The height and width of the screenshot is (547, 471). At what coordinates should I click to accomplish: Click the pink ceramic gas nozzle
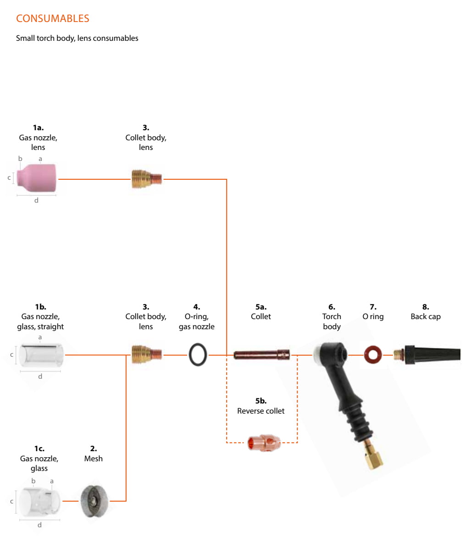[x=36, y=178]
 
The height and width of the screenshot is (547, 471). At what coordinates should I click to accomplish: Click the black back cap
[x=427, y=355]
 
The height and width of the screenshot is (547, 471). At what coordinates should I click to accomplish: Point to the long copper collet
[x=261, y=355]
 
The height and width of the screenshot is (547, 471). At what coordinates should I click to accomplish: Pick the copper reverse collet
[x=264, y=443]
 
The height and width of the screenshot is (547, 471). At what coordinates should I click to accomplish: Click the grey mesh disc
[x=94, y=501]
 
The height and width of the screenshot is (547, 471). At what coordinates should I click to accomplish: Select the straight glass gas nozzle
[x=41, y=355]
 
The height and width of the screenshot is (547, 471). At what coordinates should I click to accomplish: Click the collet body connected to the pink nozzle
[x=147, y=179]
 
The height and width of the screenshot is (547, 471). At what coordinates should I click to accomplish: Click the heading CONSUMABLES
[x=53, y=18]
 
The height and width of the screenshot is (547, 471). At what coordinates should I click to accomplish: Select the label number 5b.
[x=261, y=401]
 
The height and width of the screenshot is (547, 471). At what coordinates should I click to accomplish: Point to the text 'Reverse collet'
[x=260, y=411]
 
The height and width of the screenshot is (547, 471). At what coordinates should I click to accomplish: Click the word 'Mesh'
[x=94, y=459]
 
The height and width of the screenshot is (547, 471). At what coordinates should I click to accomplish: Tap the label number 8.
[x=426, y=307]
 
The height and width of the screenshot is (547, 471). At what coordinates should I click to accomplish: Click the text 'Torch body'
[x=332, y=321]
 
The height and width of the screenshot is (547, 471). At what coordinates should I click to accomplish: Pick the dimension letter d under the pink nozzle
[x=36, y=200]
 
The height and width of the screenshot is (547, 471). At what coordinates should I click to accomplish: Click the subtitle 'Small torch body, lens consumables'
[x=77, y=38]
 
